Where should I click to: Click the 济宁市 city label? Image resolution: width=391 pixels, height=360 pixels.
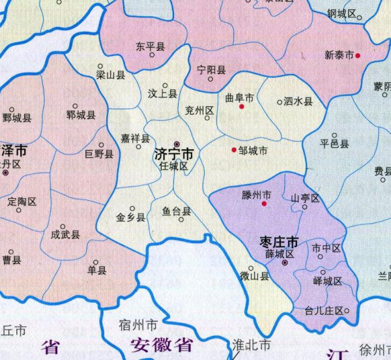point(174,155)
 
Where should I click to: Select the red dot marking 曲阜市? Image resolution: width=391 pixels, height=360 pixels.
point(242,106)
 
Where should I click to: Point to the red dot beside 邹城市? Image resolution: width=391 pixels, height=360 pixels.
point(234,151)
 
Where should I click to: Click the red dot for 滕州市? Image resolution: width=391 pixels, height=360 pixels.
point(265,203)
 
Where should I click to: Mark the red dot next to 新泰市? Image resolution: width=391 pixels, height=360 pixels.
point(358,55)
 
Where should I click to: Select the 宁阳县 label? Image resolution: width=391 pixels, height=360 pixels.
point(210,70)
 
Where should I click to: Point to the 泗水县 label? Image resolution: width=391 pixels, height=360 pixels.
point(299,102)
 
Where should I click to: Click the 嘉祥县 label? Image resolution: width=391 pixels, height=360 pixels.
point(135,138)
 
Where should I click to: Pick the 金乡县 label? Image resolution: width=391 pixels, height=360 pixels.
point(130,217)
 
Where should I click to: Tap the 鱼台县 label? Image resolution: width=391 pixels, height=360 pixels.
point(177,211)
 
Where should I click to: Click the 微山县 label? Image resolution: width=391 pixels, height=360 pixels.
point(254,276)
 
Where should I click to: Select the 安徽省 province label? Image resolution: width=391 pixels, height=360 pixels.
point(160,344)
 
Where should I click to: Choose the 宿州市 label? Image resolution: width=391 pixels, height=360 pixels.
point(139,324)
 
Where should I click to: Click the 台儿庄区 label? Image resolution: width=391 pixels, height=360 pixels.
point(324,310)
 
